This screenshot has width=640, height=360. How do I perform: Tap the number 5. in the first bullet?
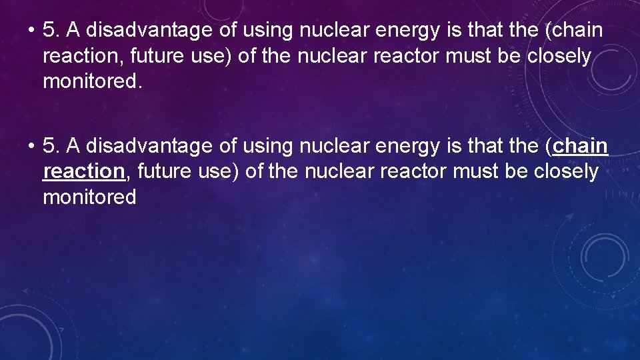[51, 31]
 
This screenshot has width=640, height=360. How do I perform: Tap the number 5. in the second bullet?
[51, 145]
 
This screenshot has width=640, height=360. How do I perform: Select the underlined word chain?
[581, 145]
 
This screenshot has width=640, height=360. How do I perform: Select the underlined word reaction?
[83, 171]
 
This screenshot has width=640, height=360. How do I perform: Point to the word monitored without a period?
[89, 197]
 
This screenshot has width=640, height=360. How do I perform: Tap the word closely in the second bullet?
[566, 171]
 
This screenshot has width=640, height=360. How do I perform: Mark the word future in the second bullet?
[164, 171]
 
